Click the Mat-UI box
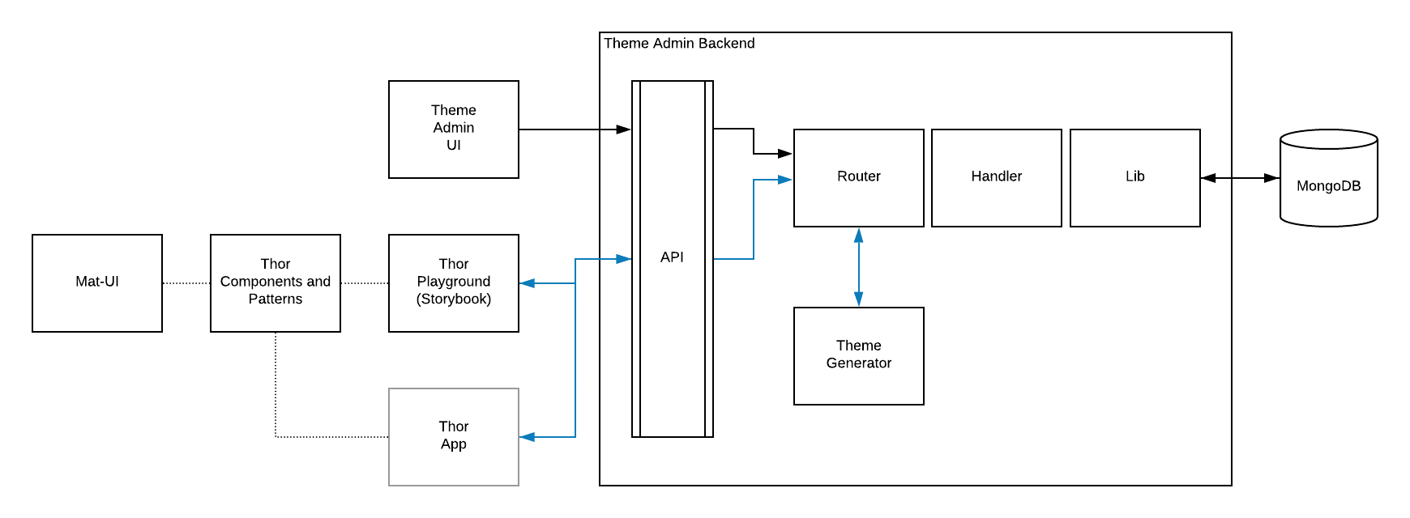coord(97,283)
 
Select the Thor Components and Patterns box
coord(276,283)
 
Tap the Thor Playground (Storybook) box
coord(454,283)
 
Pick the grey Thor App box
coord(454,437)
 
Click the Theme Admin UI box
coord(454,129)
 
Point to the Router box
coord(859,178)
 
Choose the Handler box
coord(997,178)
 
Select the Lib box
coord(1135,178)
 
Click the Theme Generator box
coord(859,356)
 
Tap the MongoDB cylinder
coord(1329,178)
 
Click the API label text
coord(672,257)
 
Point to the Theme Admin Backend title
coord(679,44)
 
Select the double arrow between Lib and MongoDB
coord(1240,178)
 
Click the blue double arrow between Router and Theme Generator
coord(859,267)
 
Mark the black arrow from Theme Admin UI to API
coord(575,129)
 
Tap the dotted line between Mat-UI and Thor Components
coord(186,283)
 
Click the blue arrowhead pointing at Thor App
coord(528,437)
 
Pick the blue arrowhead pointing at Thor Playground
coord(528,283)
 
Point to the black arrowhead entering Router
coord(785,153)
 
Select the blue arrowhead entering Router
coord(785,180)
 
